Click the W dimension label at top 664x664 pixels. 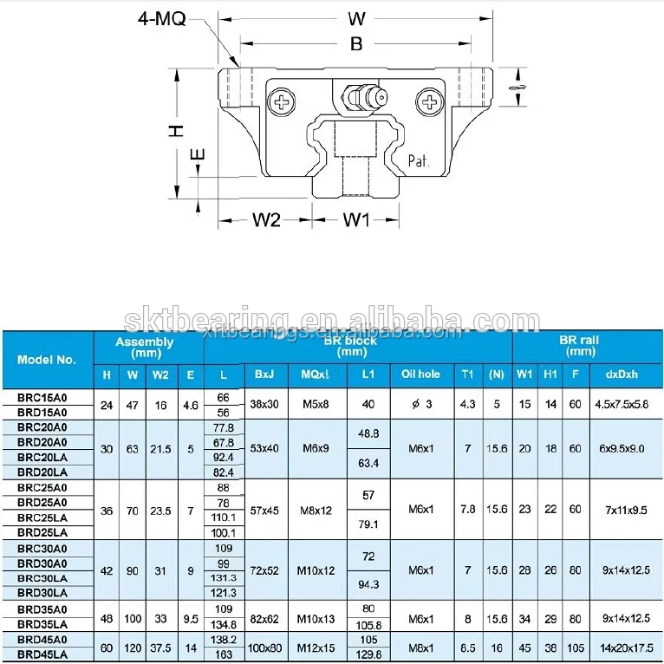(x=356, y=18)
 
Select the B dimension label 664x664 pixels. (x=356, y=44)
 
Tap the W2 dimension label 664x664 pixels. (x=267, y=220)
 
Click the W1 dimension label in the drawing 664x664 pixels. (x=355, y=220)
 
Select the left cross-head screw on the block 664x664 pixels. (x=283, y=102)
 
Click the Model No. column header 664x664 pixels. (x=47, y=359)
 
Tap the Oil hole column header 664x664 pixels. (x=420, y=374)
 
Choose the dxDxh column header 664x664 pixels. (x=621, y=374)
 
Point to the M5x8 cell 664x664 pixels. (x=316, y=404)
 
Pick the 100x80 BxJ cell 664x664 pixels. (x=265, y=648)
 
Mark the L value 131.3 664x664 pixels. (x=224, y=577)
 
